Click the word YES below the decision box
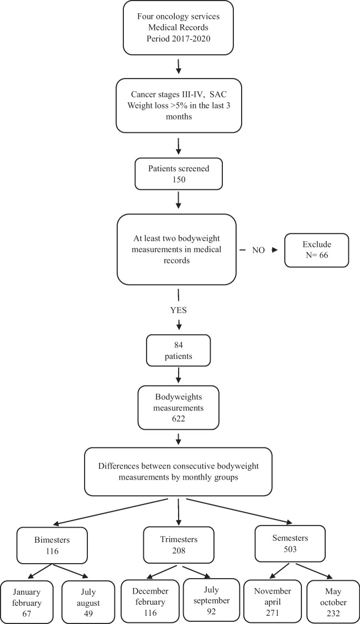[x=178, y=310]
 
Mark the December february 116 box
[x=148, y=599]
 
